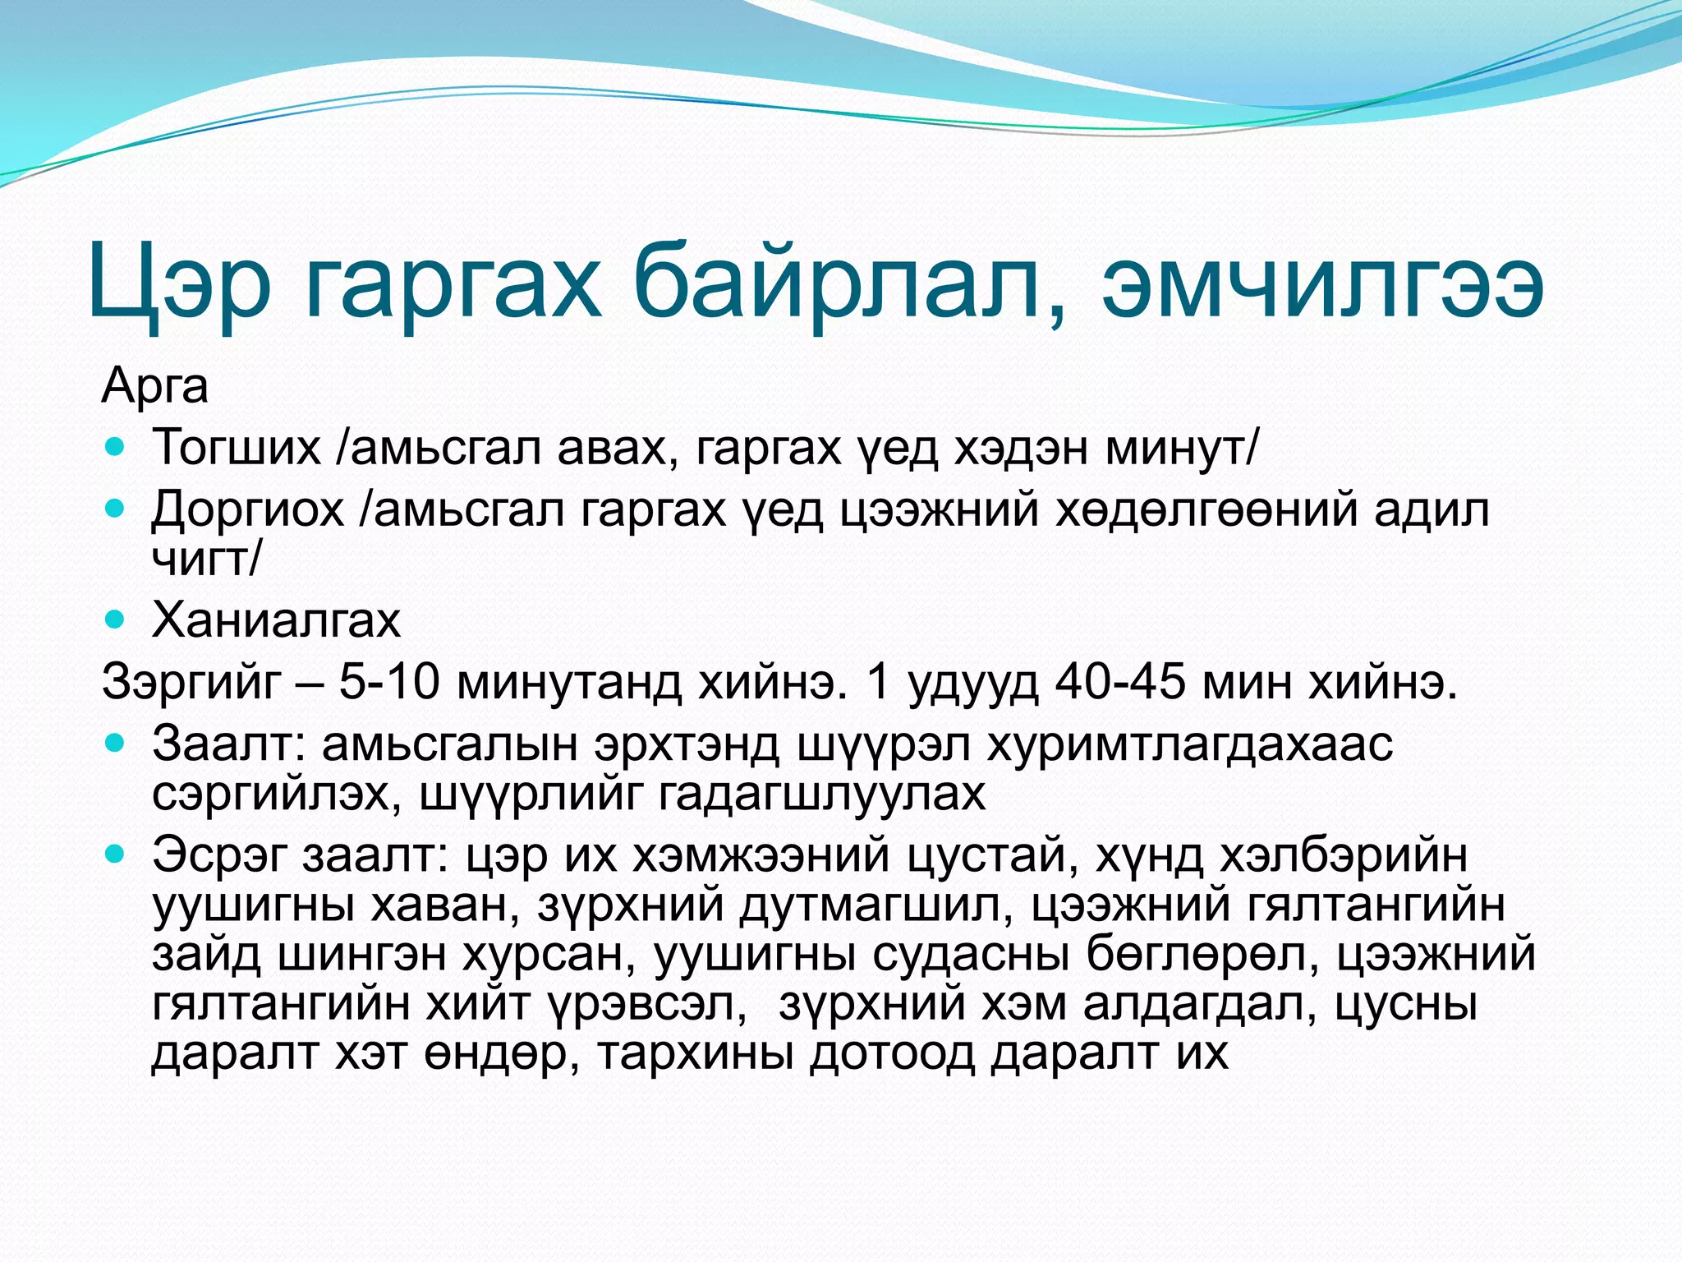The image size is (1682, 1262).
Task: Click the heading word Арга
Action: pos(154,386)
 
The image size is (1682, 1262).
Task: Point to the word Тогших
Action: pos(237,449)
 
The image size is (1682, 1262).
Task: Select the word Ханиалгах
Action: pos(276,620)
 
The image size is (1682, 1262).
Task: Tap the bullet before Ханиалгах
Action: pos(116,620)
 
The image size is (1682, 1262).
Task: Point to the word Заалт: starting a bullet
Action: pos(229,744)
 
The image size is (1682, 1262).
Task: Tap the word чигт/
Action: pos(206,560)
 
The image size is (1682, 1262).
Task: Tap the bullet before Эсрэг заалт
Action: pos(116,855)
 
